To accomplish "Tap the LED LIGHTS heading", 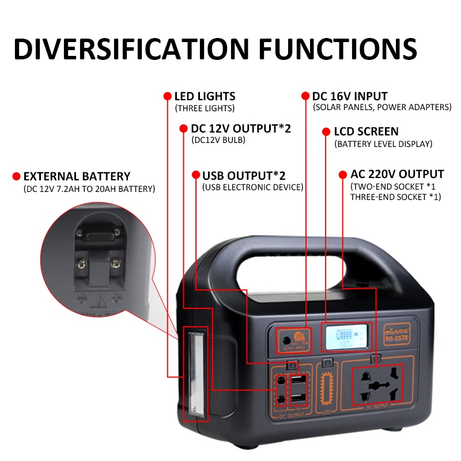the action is click(205, 97).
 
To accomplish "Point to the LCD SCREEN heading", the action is click(366, 131).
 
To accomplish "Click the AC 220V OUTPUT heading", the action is click(397, 174).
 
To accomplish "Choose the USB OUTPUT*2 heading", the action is click(244, 175).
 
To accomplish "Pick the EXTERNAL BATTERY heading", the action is click(77, 176).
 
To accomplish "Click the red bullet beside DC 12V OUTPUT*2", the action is click(183, 129).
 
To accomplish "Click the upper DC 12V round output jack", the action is click(282, 381).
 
